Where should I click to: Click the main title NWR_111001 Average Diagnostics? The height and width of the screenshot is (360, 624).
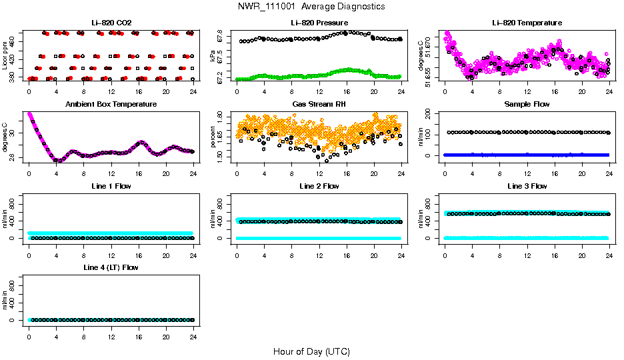311,7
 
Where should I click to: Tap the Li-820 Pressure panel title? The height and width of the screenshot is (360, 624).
319,23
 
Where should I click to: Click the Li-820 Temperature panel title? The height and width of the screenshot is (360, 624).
527,23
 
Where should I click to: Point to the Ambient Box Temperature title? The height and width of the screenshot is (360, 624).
111,105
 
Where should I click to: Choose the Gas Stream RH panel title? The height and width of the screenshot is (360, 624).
319,105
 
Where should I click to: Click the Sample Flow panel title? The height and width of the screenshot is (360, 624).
527,105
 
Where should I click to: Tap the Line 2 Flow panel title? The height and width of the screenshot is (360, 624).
319,186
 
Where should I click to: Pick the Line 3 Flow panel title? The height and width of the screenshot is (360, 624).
527,186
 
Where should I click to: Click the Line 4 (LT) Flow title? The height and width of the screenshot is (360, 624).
111,268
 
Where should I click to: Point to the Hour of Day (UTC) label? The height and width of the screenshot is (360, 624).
311,351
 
